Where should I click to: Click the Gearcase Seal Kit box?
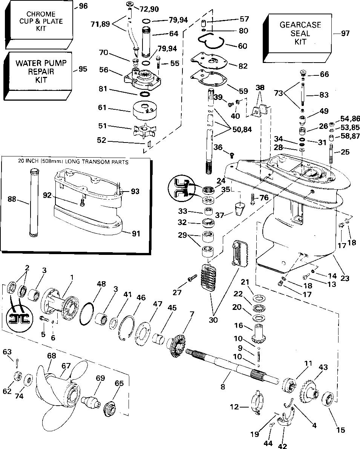click(x=297, y=38)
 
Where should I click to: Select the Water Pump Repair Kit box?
click(x=38, y=76)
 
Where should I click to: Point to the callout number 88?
click(x=12, y=199)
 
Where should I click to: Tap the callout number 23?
click(x=345, y=278)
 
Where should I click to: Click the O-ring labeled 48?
click(x=87, y=314)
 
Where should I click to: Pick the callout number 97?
click(x=345, y=33)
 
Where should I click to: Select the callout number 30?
click(x=213, y=320)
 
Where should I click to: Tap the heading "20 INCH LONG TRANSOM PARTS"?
click(x=73, y=162)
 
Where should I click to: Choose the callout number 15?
click(x=340, y=430)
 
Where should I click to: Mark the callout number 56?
click(x=104, y=70)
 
